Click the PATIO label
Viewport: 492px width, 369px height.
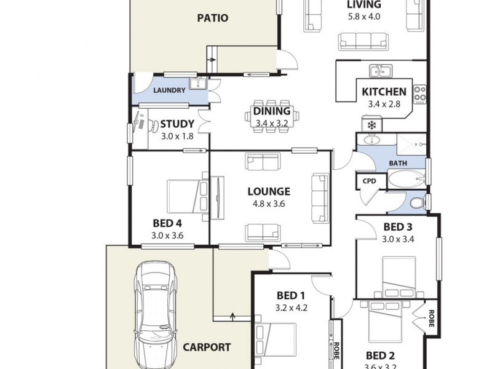point(213,18)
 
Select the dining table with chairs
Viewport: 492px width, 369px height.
point(272,112)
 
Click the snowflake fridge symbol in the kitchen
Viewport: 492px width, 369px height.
point(371,125)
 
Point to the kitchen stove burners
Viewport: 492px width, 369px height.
point(420,93)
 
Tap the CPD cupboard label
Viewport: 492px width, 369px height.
point(369,181)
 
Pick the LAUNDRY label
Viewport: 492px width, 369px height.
point(170,90)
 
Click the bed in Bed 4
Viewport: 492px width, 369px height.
point(188,196)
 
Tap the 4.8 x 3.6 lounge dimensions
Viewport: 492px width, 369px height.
point(269,204)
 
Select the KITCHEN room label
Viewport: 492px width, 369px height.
point(384,92)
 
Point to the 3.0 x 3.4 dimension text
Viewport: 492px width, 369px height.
point(397,239)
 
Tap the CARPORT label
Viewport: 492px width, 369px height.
point(207,347)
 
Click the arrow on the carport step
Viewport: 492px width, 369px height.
point(232,316)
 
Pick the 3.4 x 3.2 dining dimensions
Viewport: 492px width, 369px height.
point(271,123)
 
